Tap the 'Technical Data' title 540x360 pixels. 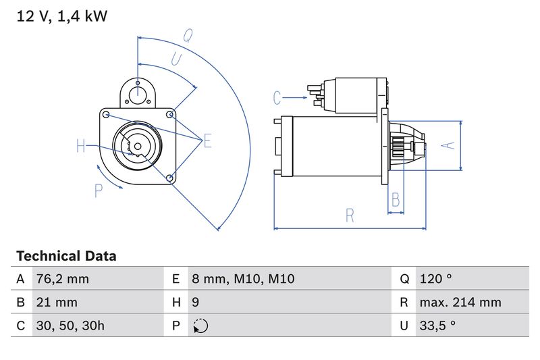coord(66,256)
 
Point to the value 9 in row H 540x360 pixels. coord(196,302)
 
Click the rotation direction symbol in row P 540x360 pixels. coord(200,326)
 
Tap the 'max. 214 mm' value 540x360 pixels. coord(460,302)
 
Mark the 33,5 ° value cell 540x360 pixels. coord(437,325)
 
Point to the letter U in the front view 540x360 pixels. coord(176,59)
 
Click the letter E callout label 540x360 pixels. coord(207,140)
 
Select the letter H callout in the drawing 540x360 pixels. coord(81,146)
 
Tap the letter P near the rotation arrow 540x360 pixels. coord(99,191)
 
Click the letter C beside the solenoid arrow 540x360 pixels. coord(277,98)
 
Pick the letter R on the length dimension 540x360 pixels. coord(350,215)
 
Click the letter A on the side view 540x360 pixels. coord(446,145)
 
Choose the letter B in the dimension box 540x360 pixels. coord(396,200)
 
